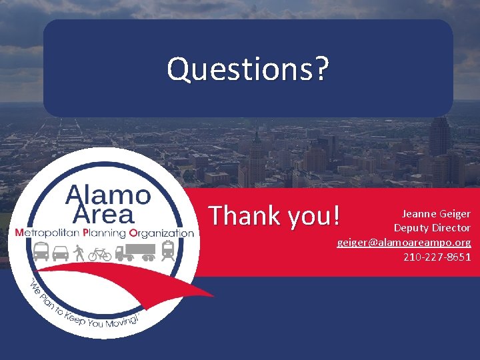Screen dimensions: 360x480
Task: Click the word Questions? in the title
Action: [247, 69]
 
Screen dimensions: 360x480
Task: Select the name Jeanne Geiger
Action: [435, 214]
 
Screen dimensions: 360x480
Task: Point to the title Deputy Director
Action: [431, 228]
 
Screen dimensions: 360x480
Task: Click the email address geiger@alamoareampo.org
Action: [403, 242]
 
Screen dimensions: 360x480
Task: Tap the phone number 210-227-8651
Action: [437, 256]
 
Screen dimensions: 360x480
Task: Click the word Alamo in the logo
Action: [108, 195]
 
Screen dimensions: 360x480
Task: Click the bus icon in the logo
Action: [41, 251]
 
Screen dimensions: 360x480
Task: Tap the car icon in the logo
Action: [61, 253]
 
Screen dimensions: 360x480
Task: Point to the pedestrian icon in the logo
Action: [79, 252]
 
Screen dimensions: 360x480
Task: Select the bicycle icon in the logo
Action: [100, 253]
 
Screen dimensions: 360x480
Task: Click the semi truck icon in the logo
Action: [135, 252]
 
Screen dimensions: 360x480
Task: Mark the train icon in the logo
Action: [168, 251]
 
